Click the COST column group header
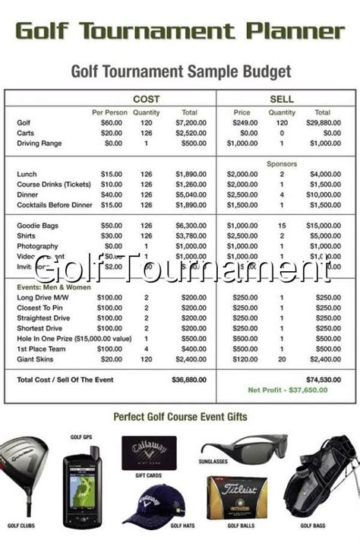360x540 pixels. [x=146, y=99]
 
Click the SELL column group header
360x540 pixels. [x=282, y=99]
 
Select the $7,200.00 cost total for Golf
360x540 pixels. [x=191, y=122]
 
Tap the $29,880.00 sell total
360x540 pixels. [x=322, y=122]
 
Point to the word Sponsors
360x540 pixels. [x=282, y=163]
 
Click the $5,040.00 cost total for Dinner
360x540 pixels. [x=191, y=194]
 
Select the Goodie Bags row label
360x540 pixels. [x=38, y=226]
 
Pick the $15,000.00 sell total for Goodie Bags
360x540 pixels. [x=322, y=226]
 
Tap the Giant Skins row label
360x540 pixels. [x=36, y=359]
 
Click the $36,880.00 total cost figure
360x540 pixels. [x=189, y=378]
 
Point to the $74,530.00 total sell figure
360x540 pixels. [x=322, y=378]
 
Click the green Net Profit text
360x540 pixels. [x=288, y=390]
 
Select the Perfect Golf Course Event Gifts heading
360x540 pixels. [x=180, y=417]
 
